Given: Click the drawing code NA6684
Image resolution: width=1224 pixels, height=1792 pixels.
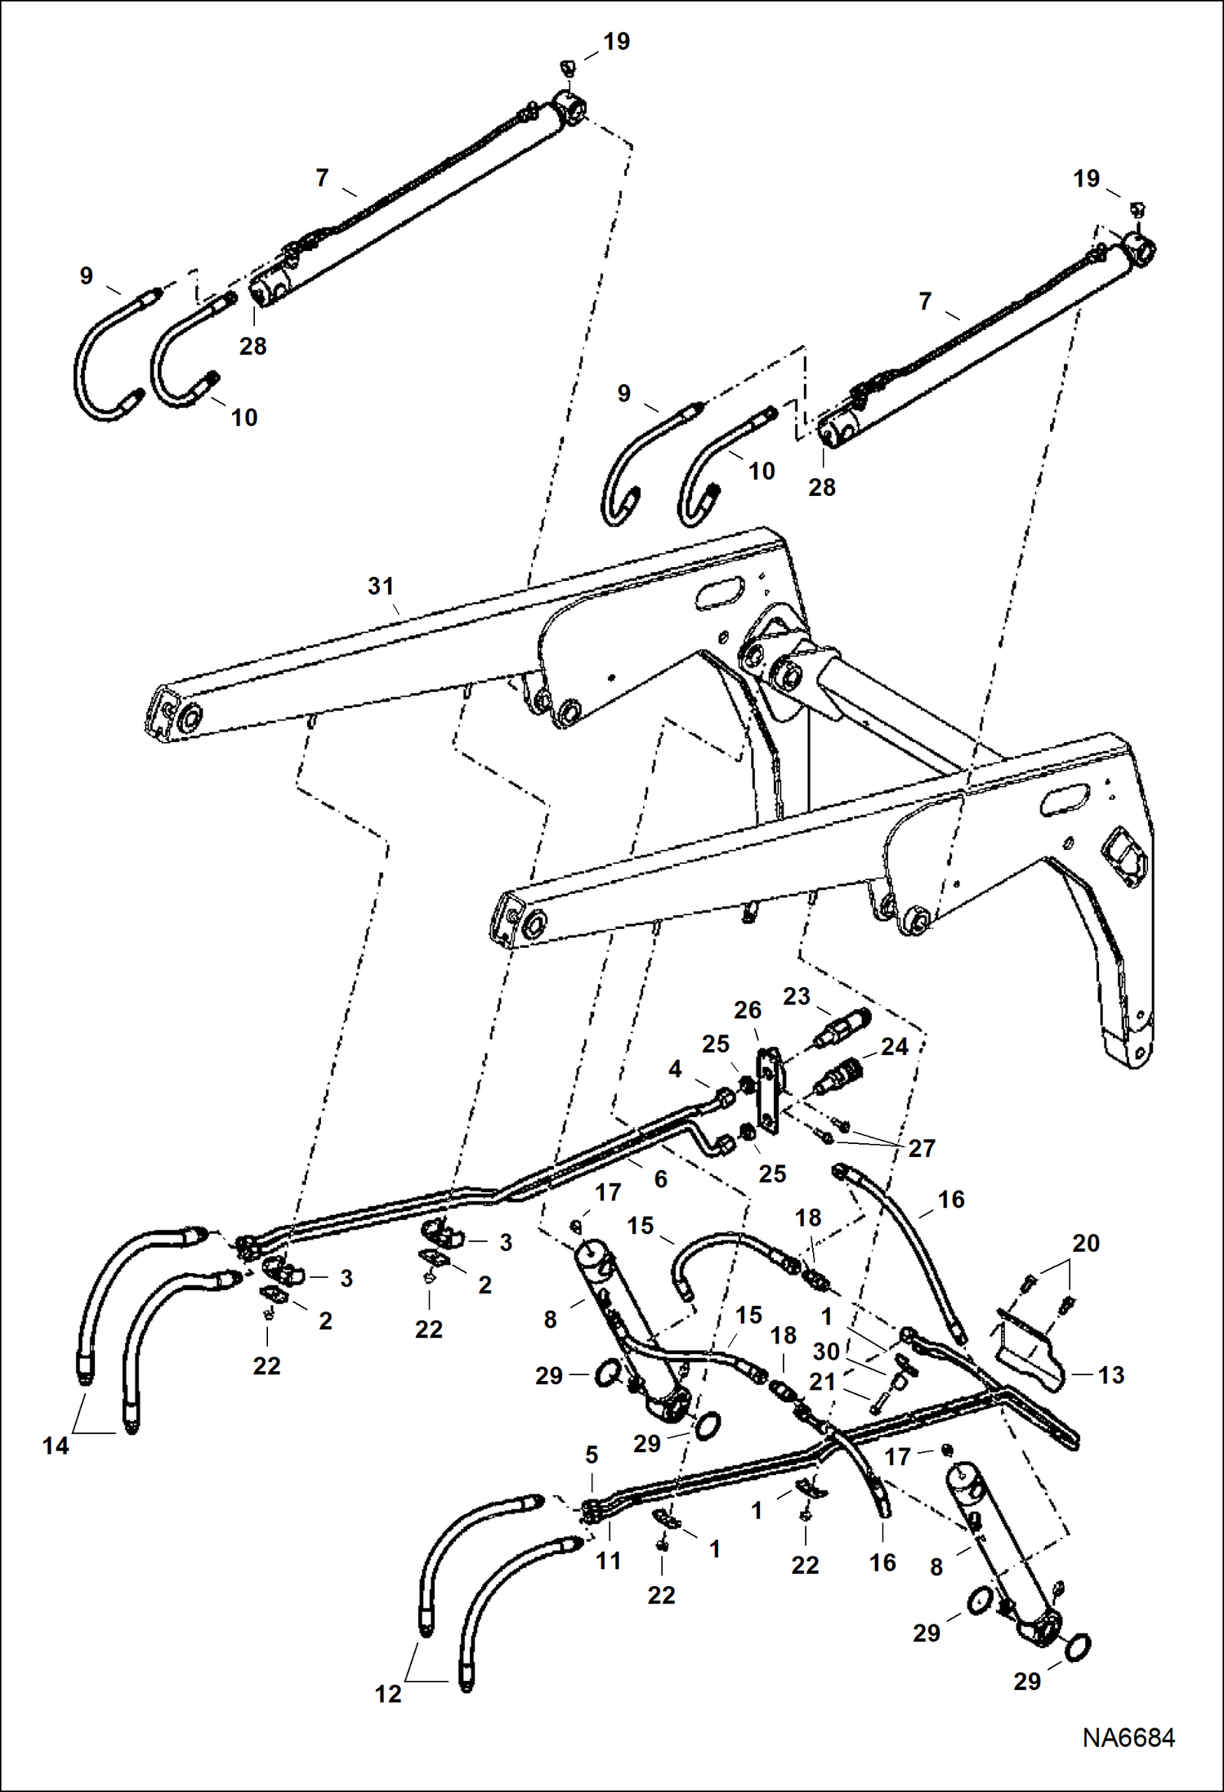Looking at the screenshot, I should pyautogui.click(x=1128, y=1737).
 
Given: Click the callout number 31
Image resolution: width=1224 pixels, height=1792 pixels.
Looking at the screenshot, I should pyautogui.click(x=381, y=586).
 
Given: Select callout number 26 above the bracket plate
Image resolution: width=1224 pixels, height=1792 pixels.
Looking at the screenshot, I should pyautogui.click(x=747, y=1010).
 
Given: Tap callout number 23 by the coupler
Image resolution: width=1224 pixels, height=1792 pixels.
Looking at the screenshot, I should pyautogui.click(x=796, y=996).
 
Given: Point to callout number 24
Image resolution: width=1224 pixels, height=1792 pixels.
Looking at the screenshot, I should pyautogui.click(x=895, y=1046).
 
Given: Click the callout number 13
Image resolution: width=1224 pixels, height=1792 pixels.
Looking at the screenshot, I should pyautogui.click(x=1111, y=1374).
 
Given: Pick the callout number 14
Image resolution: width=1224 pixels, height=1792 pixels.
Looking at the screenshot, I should pyautogui.click(x=56, y=1446).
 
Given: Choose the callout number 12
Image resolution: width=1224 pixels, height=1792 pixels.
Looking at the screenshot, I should pyautogui.click(x=388, y=1694).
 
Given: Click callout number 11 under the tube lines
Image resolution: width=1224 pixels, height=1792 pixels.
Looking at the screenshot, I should pyautogui.click(x=608, y=1561).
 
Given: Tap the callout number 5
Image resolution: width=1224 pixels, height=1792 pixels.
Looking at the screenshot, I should pyautogui.click(x=592, y=1455).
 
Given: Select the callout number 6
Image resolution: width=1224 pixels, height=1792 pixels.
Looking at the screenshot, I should pyautogui.click(x=660, y=1178).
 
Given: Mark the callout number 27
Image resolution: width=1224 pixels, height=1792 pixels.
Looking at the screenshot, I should pyautogui.click(x=921, y=1148).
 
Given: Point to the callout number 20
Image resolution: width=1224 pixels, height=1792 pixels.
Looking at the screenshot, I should pyautogui.click(x=1085, y=1243).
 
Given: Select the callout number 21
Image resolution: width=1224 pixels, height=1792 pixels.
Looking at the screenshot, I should pyautogui.click(x=822, y=1381).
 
